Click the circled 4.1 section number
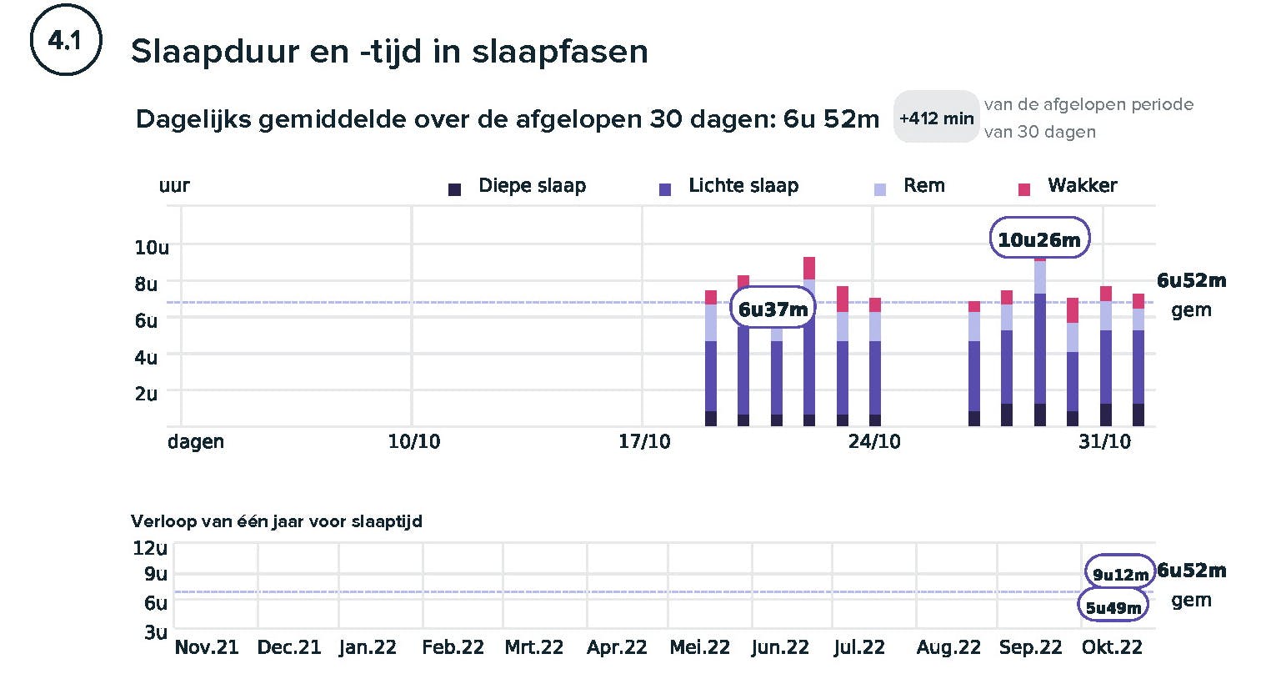(65, 41)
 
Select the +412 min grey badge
(936, 118)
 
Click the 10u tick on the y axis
(152, 247)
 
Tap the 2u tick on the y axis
(146, 394)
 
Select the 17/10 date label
(644, 441)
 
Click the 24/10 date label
(874, 441)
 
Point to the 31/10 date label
(1104, 441)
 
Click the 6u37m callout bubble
(773, 309)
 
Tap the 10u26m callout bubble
(1038, 240)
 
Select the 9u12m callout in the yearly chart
(1120, 574)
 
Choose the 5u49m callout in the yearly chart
(1113, 607)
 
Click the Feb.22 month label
(453, 647)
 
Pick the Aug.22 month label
(948, 647)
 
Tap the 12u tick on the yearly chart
(150, 548)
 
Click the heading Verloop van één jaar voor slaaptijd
(277, 521)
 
